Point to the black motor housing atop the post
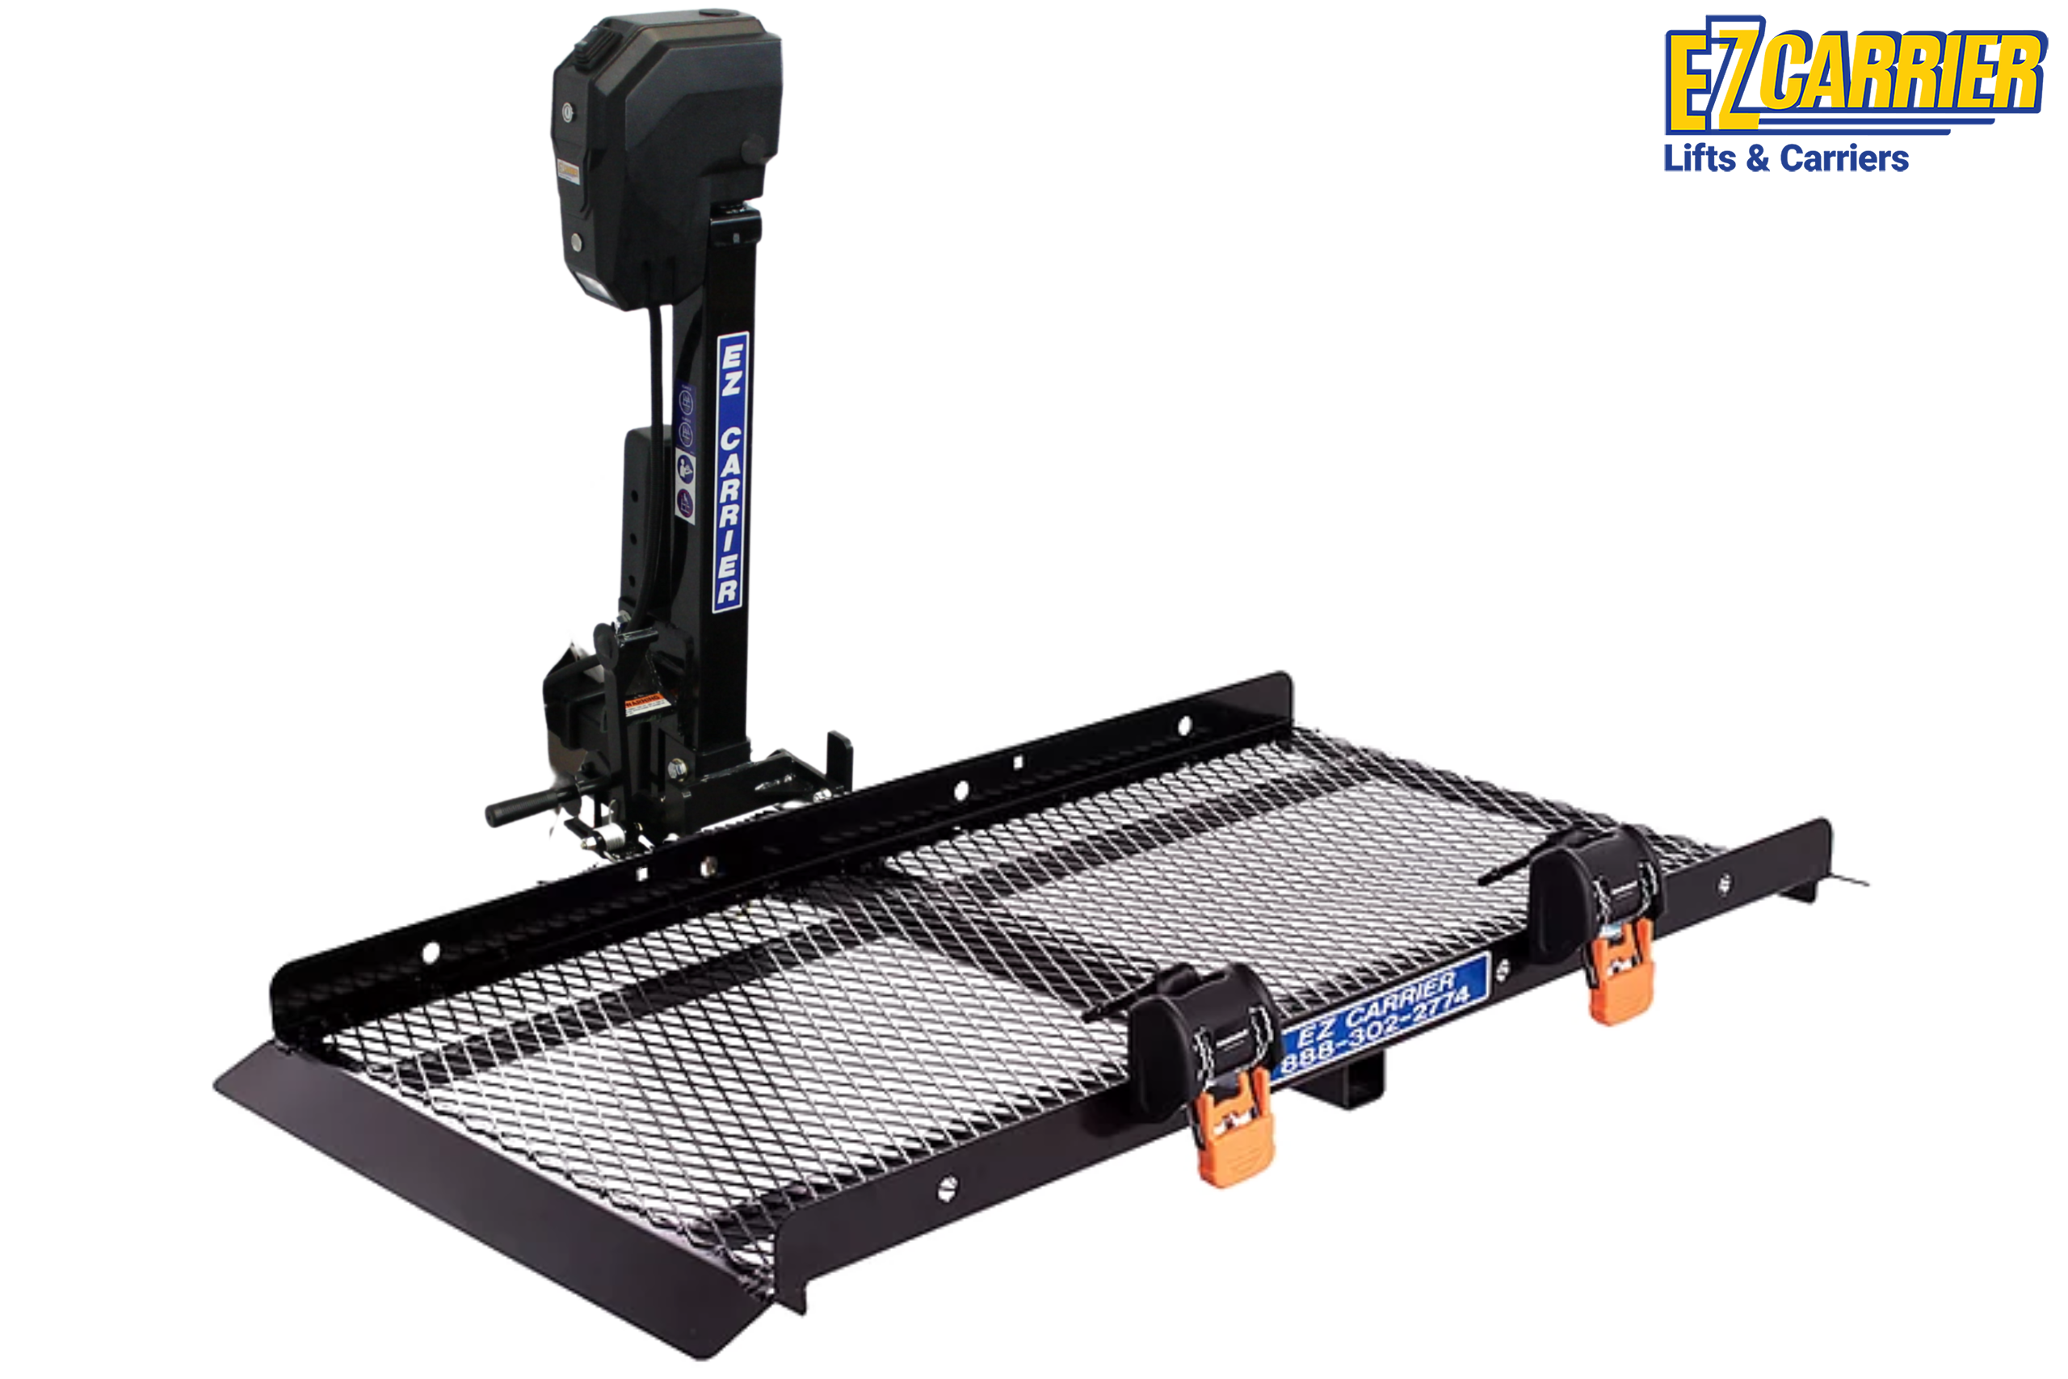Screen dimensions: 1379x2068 point(666,158)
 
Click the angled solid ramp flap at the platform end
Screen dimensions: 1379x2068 point(493,1179)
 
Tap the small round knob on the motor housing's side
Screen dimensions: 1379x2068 point(754,149)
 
